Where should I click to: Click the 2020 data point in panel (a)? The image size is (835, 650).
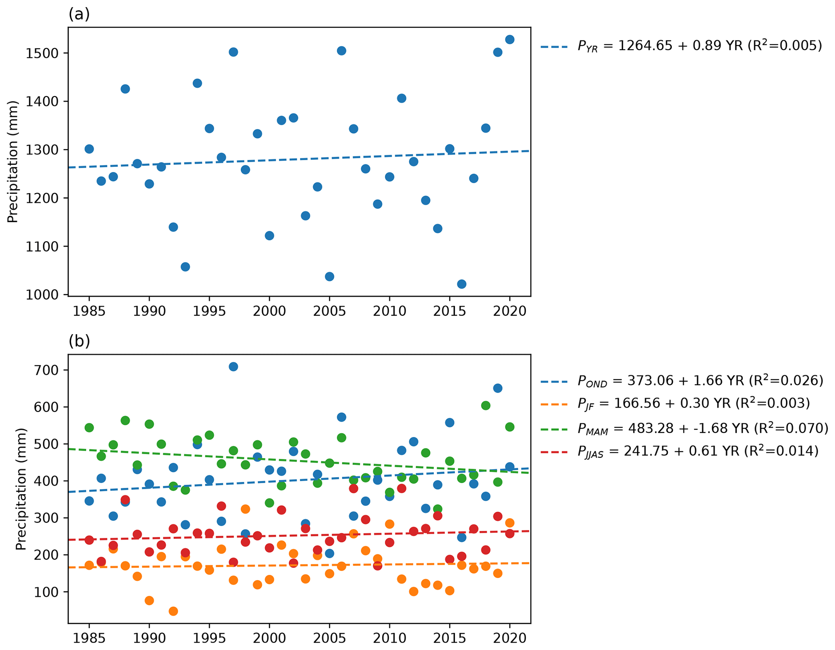509,40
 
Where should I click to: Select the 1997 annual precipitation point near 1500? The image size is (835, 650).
233,52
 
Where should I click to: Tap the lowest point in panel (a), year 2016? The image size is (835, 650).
461,284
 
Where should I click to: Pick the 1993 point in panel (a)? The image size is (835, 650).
185,267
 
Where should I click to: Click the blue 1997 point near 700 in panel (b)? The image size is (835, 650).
233,367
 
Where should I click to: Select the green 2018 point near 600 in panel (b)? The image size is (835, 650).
486,406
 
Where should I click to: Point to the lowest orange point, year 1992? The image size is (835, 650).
173,611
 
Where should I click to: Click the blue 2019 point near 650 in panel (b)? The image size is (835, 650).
498,388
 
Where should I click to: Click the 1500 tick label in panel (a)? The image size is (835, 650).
43,53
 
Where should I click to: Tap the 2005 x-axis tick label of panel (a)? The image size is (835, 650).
329,311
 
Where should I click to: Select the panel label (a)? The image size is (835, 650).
79,15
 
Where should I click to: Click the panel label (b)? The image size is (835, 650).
79,341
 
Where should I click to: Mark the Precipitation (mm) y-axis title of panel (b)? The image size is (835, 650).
21,489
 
